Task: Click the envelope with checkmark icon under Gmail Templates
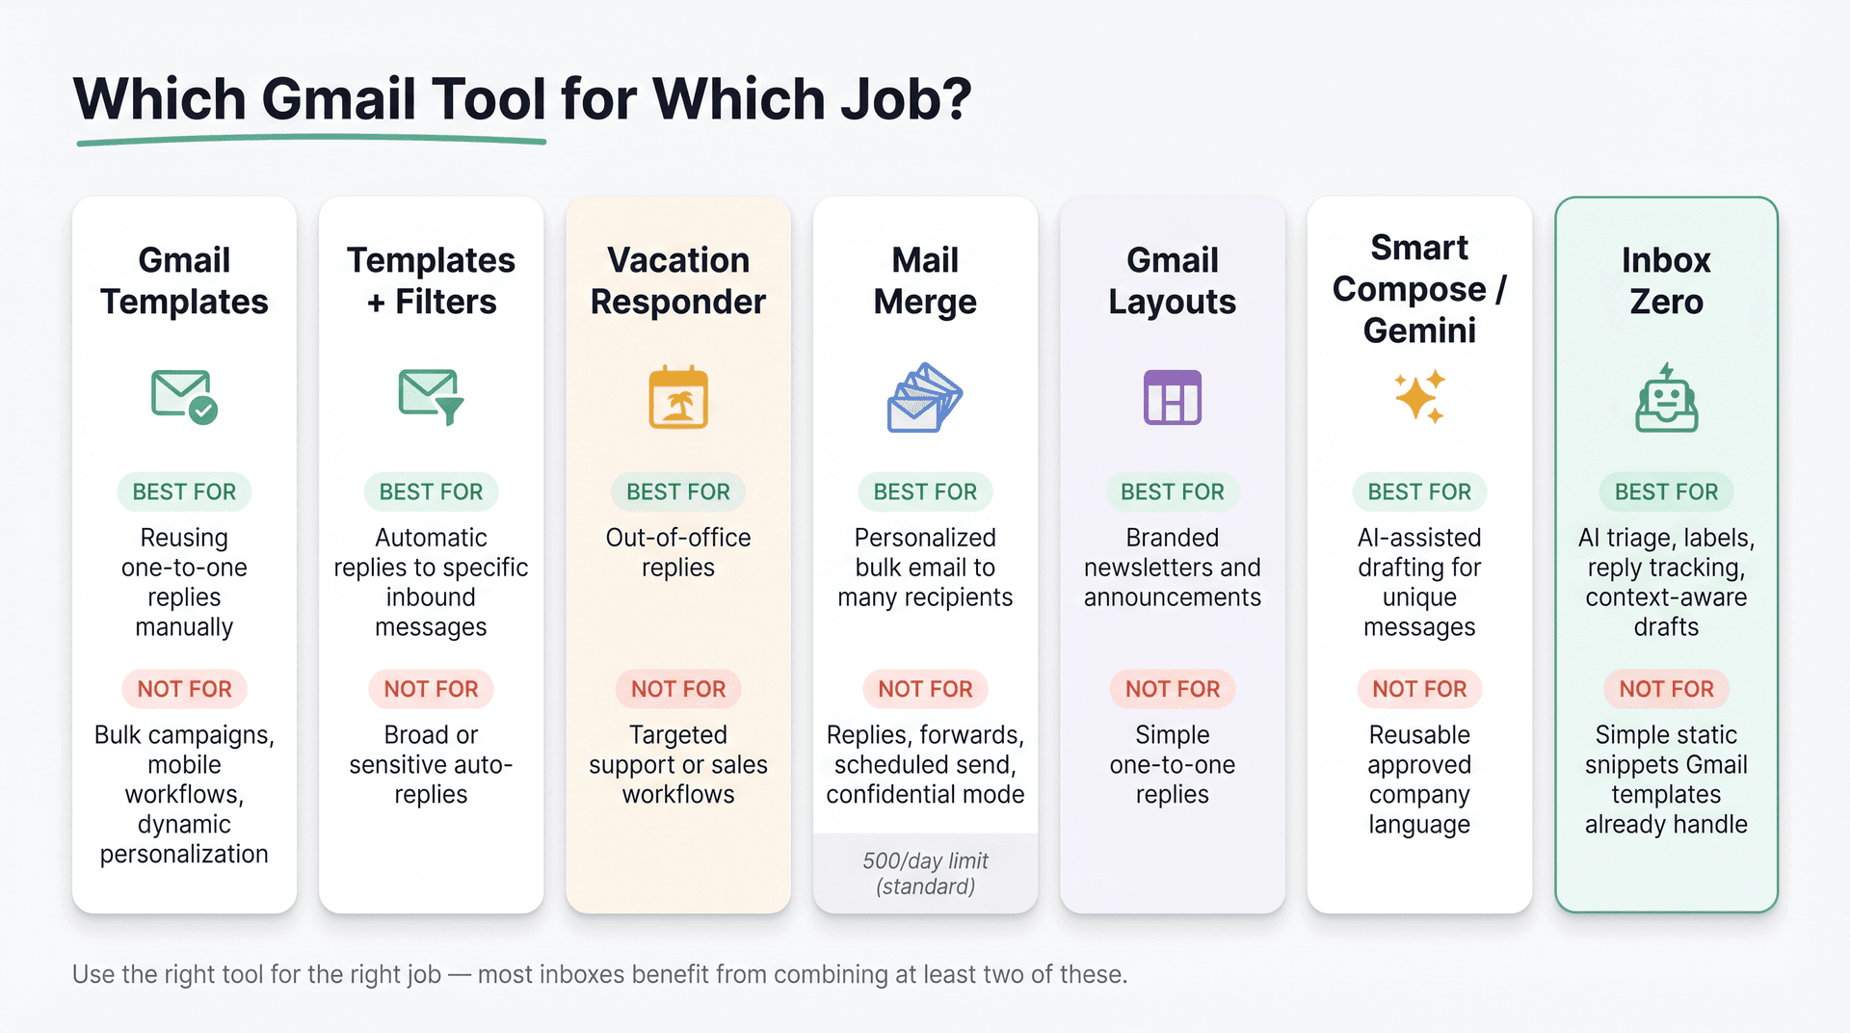(x=184, y=396)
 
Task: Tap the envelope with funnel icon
(x=431, y=396)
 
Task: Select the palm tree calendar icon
(x=678, y=397)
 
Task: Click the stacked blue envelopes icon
(x=925, y=397)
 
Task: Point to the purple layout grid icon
(x=1172, y=397)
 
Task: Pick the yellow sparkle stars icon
(x=1419, y=396)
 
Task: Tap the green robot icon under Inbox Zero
(x=1666, y=398)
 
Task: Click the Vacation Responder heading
(x=678, y=280)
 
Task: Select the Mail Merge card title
(x=925, y=280)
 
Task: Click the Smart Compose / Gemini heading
(x=1419, y=289)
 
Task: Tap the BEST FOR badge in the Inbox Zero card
(x=1666, y=491)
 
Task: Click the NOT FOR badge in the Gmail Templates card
(x=184, y=689)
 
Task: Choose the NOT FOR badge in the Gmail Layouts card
(x=1172, y=689)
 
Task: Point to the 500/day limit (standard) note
(x=925, y=873)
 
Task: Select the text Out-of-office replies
(x=678, y=552)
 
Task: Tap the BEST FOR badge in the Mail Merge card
(x=925, y=491)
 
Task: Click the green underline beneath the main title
(x=310, y=142)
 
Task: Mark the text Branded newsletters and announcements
(x=1172, y=568)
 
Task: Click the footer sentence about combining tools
(x=599, y=974)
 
